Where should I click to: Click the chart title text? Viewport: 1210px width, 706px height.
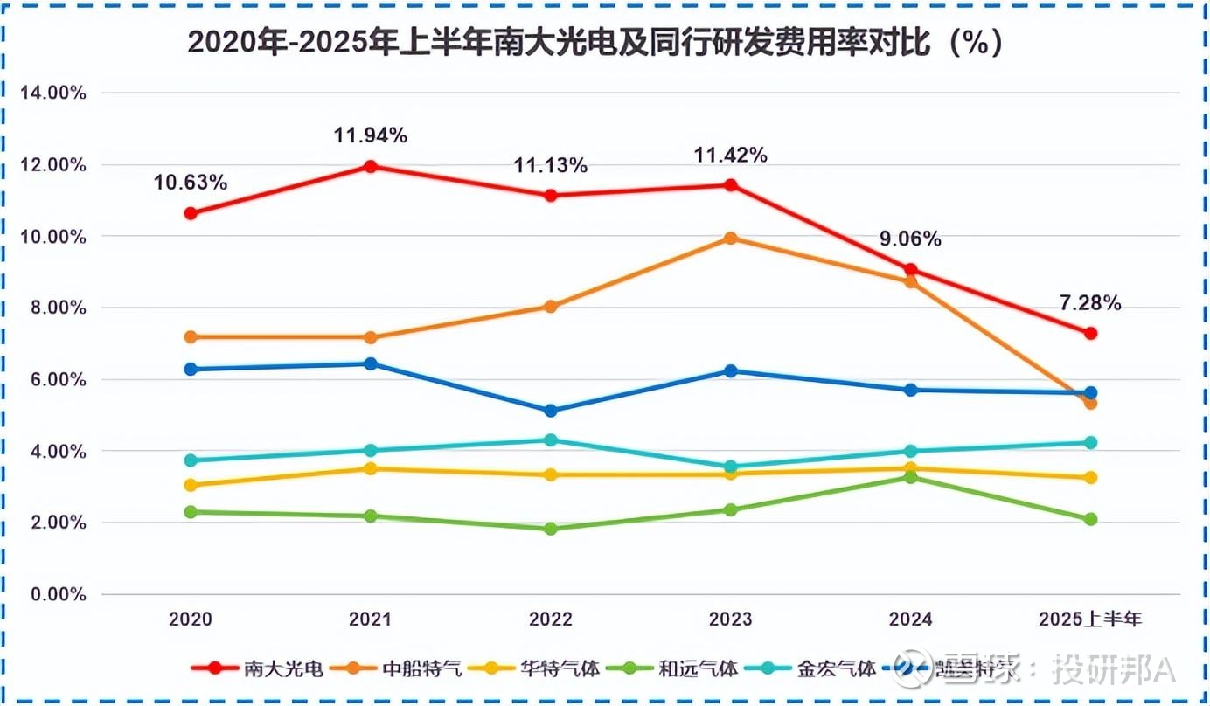[x=595, y=43]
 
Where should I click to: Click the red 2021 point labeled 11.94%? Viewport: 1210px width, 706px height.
[x=370, y=166]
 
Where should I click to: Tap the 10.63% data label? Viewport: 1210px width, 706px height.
[x=191, y=183]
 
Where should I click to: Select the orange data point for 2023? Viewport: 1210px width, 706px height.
[x=730, y=238]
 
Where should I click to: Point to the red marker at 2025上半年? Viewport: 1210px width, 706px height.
[x=1090, y=333]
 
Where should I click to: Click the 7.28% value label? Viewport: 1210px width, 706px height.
[x=1090, y=303]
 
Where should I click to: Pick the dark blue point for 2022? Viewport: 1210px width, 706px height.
[x=550, y=411]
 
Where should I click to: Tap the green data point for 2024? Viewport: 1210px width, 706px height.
[x=910, y=477]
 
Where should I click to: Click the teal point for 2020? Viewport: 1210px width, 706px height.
[x=191, y=460]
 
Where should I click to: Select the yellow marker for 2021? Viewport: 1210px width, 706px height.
[x=370, y=468]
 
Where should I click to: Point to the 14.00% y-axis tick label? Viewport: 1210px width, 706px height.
[x=52, y=93]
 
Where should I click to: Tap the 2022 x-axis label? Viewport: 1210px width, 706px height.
[x=550, y=619]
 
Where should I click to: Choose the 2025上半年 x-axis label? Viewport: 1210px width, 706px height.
[x=1090, y=619]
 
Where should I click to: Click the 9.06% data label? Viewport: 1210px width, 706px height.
[x=910, y=239]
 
